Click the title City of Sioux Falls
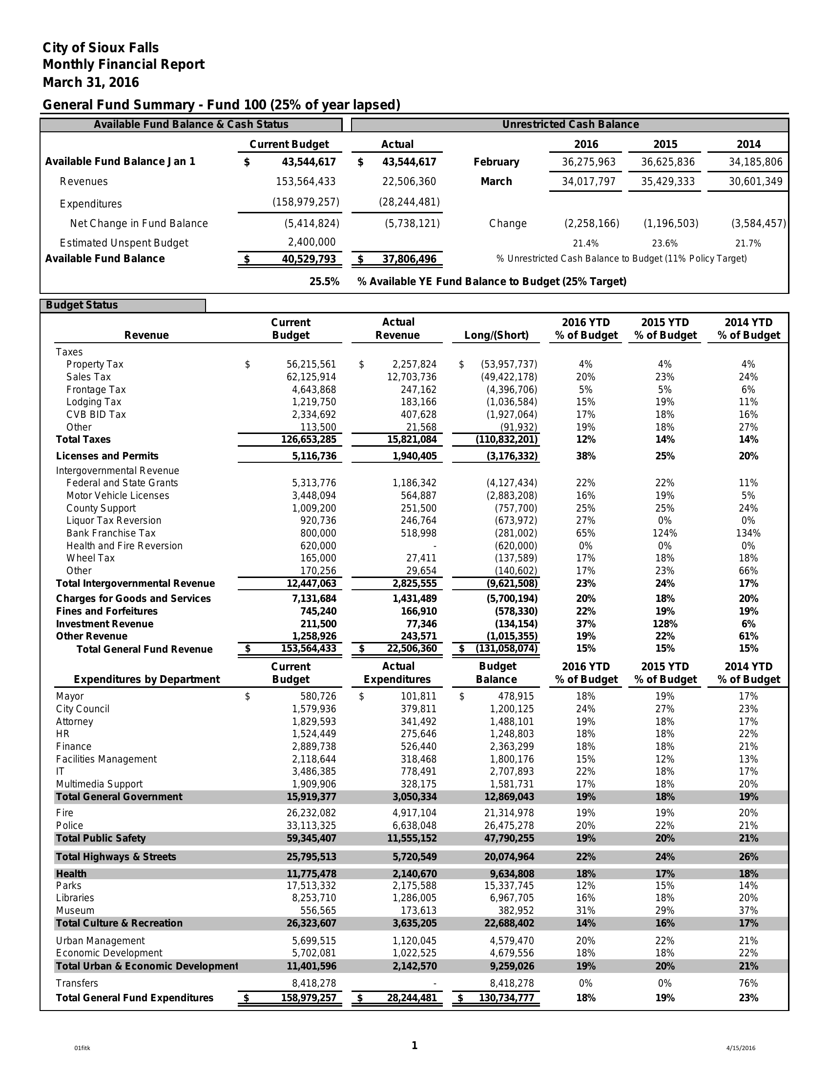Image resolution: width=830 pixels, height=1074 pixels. click(x=100, y=48)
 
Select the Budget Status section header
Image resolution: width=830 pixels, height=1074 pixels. click(x=82, y=305)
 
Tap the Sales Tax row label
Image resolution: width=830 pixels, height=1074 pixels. click(x=88, y=377)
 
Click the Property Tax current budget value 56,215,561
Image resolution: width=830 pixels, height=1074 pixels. click(x=311, y=364)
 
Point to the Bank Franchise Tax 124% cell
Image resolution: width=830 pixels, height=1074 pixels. click(x=664, y=533)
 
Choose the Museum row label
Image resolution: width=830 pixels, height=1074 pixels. click(x=75, y=911)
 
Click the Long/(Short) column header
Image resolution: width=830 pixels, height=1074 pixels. click(x=496, y=335)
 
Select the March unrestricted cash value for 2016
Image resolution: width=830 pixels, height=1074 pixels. click(x=588, y=182)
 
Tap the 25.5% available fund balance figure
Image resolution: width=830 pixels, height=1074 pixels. click(x=324, y=282)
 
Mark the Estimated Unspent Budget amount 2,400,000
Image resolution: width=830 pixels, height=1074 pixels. click(x=311, y=242)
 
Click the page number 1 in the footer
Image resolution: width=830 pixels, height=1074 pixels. click(x=415, y=1046)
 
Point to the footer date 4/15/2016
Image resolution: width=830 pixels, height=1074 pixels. click(x=741, y=1048)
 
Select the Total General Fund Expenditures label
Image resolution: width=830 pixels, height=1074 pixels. click(x=135, y=998)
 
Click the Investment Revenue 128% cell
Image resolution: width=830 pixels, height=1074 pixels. click(x=664, y=624)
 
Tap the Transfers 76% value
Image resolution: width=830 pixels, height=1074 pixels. click(x=748, y=983)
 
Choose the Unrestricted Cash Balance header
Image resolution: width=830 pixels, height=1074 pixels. click(x=570, y=124)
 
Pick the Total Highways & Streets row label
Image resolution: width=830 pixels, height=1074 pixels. click(x=116, y=857)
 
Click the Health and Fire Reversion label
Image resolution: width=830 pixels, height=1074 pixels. click(x=124, y=546)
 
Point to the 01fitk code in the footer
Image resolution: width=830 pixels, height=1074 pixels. click(x=82, y=1048)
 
